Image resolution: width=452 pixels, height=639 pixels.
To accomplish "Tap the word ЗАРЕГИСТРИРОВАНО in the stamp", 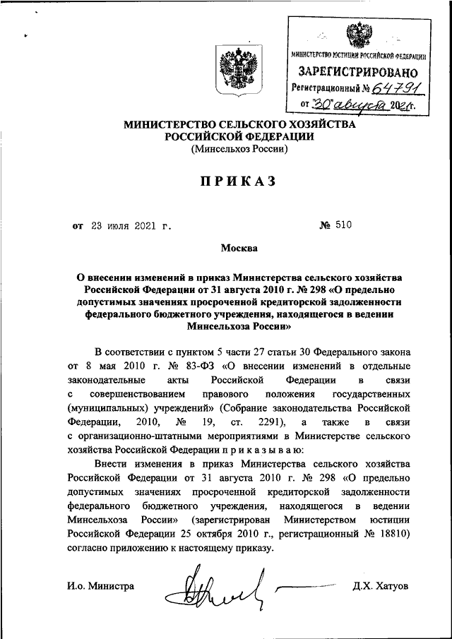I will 358,72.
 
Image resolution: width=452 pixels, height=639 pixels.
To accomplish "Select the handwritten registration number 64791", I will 399,88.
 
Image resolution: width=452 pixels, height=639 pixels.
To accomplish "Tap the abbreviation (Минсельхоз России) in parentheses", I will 238,150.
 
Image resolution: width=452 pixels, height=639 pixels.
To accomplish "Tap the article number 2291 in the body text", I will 256,422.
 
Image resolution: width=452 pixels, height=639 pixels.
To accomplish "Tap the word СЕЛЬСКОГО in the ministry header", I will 252,124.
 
